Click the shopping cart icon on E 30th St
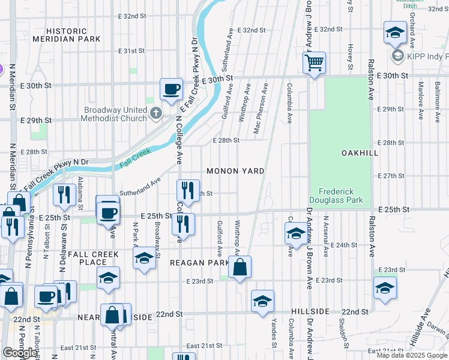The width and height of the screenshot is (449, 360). click(x=315, y=62)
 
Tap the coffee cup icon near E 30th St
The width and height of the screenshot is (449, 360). click(x=171, y=88)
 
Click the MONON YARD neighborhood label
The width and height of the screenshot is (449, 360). click(x=235, y=171)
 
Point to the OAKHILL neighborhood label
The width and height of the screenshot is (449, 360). click(x=360, y=153)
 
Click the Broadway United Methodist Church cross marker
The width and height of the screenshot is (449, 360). click(x=155, y=113)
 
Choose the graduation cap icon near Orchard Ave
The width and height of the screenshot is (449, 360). click(x=394, y=34)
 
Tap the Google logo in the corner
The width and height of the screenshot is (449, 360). click(x=20, y=353)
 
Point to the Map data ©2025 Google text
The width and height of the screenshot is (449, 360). click(x=412, y=355)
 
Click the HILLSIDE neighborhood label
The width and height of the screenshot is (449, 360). click(x=311, y=312)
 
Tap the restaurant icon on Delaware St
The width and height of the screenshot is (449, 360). click(x=62, y=194)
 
